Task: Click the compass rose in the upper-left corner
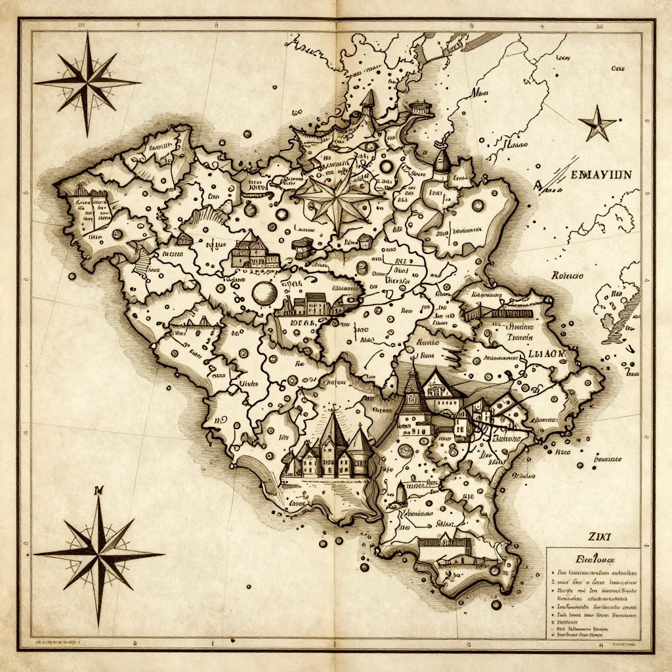click(x=87, y=83)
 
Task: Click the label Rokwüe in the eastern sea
click(x=568, y=276)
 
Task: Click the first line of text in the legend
click(x=594, y=572)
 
